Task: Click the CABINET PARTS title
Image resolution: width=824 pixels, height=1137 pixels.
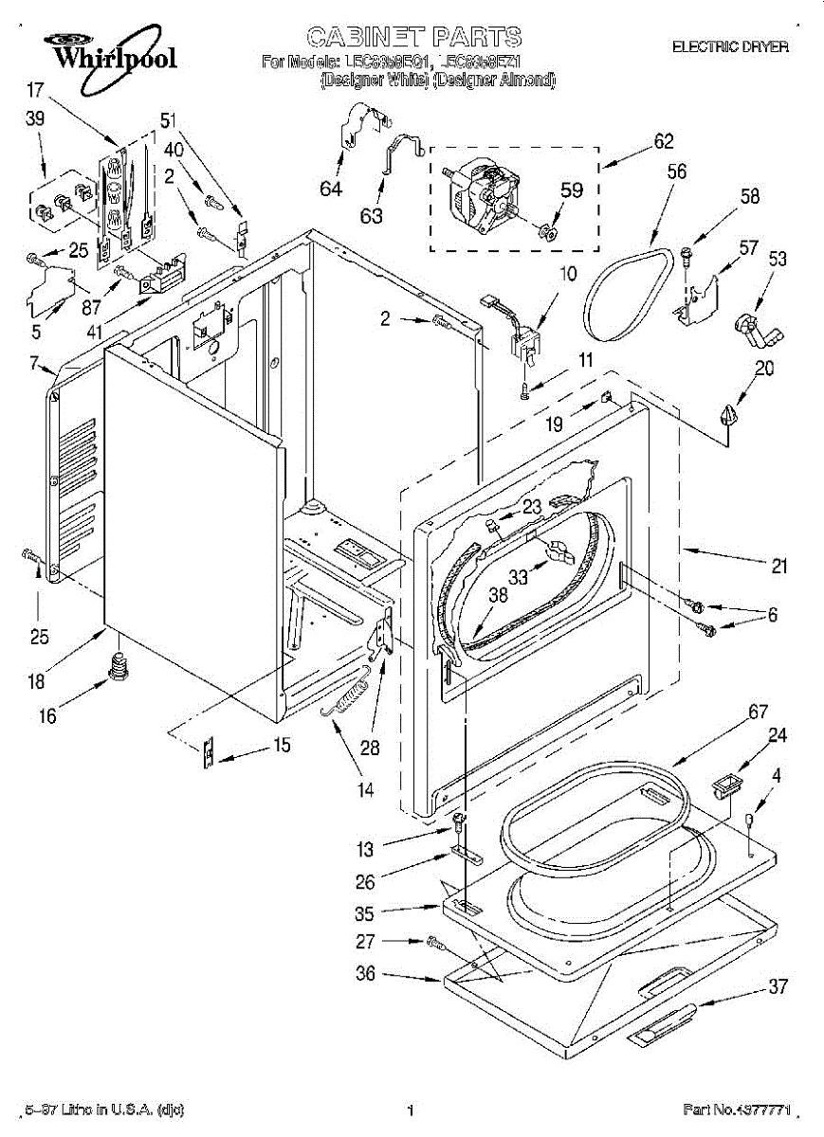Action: pos(413,37)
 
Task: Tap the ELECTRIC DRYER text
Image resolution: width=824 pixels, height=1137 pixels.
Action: pos(729,46)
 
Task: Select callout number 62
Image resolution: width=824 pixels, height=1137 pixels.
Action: pos(663,142)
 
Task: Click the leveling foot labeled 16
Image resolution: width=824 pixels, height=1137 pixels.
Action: pos(119,667)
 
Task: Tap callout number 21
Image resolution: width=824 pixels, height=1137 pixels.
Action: pos(778,568)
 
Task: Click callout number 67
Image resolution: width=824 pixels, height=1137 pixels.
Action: pos(730,713)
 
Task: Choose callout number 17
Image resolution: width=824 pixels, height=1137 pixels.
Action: pos(36,92)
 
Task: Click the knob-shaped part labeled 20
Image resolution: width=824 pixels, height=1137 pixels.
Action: pos(727,415)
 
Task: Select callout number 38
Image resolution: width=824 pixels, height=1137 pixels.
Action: pos(499,596)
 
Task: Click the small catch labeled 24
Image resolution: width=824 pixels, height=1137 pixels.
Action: pos(727,783)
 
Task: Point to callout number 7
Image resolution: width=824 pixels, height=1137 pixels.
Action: pos(34,363)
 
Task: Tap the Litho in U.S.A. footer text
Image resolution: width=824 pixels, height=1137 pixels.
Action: pos(103,1109)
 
